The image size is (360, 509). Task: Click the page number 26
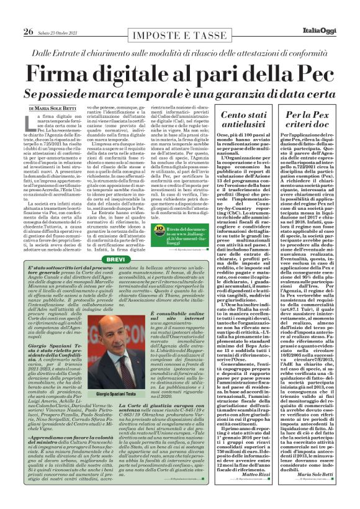pos(28,15)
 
